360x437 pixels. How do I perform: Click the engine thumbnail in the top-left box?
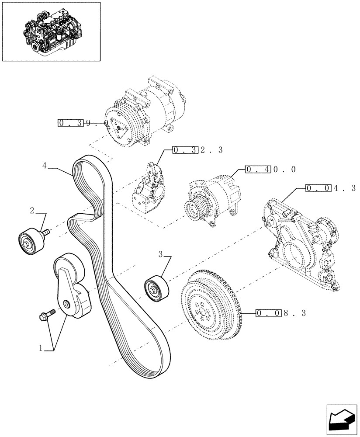click(51, 31)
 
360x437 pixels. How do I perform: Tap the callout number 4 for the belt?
click(45, 166)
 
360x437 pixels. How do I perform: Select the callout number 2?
click(32, 211)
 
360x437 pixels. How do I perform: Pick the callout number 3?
click(160, 253)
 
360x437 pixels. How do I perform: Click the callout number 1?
click(41, 348)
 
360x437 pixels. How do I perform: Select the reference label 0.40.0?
click(270, 169)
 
